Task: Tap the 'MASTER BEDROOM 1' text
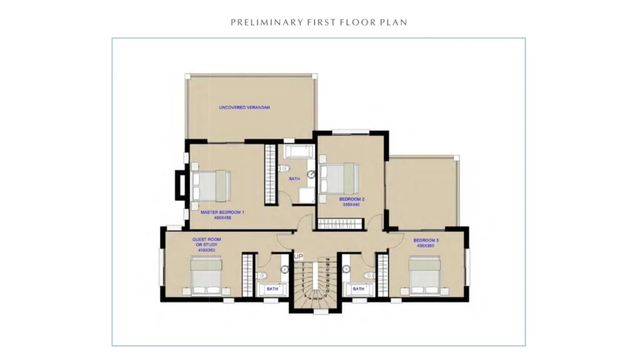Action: pos(222,212)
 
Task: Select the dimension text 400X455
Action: pos(222,217)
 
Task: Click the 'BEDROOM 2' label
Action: pos(352,199)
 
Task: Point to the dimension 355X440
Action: pos(352,204)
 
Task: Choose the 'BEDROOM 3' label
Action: pos(426,240)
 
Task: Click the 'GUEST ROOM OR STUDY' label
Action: pos(207,242)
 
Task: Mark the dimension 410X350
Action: pos(207,249)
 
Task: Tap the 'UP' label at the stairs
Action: pos(298,256)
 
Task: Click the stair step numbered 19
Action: pos(327,259)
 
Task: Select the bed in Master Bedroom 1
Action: pos(211,185)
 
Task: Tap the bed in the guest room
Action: pos(207,276)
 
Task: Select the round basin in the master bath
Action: pos(311,174)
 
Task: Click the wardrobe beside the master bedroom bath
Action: pos(270,174)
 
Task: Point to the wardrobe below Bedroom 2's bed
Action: pos(341,223)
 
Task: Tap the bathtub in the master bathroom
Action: pos(299,152)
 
